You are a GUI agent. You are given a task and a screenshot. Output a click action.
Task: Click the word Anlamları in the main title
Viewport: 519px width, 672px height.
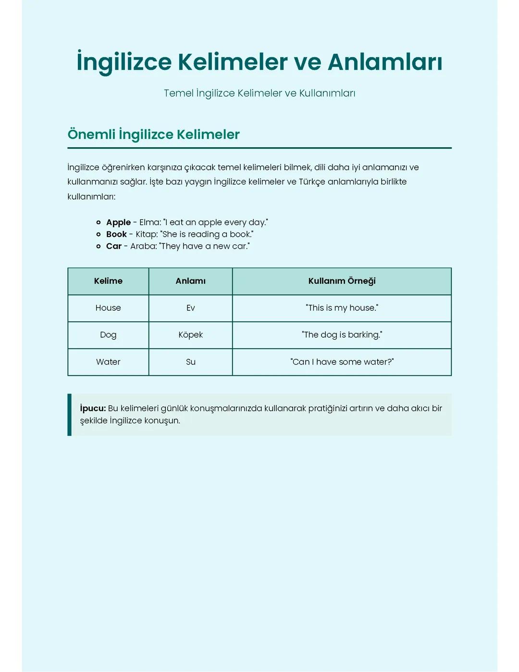(385, 62)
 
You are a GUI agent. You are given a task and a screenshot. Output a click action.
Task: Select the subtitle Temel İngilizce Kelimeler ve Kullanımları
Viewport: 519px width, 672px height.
(259, 93)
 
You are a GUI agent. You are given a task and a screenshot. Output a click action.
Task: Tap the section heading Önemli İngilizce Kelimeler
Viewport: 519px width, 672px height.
(153, 134)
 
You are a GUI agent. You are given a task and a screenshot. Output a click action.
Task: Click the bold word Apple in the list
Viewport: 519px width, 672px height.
(118, 222)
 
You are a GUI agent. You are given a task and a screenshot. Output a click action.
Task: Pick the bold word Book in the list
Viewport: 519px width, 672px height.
(116, 234)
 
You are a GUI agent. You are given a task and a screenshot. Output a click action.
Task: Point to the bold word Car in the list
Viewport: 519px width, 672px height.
(114, 246)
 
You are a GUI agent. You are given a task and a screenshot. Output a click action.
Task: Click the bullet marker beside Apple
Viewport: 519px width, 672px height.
(99, 222)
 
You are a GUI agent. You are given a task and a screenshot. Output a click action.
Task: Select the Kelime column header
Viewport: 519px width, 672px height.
(108, 281)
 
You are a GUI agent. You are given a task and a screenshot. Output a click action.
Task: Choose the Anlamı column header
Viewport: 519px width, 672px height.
(190, 281)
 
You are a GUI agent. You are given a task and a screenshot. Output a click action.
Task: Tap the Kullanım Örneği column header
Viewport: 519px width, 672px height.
(342, 281)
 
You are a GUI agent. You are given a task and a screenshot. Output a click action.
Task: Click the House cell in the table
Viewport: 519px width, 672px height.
(108, 308)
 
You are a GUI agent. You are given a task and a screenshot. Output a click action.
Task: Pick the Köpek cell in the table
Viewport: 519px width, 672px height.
(190, 335)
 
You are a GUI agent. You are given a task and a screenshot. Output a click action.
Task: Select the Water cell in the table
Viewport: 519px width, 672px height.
(108, 362)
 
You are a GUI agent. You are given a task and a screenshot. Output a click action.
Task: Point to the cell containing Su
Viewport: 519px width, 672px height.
(190, 362)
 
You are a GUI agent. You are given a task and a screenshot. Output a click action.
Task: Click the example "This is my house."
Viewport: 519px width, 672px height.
(342, 308)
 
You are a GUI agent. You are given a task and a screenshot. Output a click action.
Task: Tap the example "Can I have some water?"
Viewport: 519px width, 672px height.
(342, 362)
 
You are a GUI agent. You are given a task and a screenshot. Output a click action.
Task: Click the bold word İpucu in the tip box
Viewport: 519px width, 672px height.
(93, 408)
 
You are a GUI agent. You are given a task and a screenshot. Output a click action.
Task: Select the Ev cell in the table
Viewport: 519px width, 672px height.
(190, 308)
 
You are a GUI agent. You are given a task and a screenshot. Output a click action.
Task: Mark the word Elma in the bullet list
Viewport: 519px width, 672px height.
(149, 222)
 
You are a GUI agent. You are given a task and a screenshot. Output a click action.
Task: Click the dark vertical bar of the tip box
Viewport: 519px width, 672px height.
(70, 415)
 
